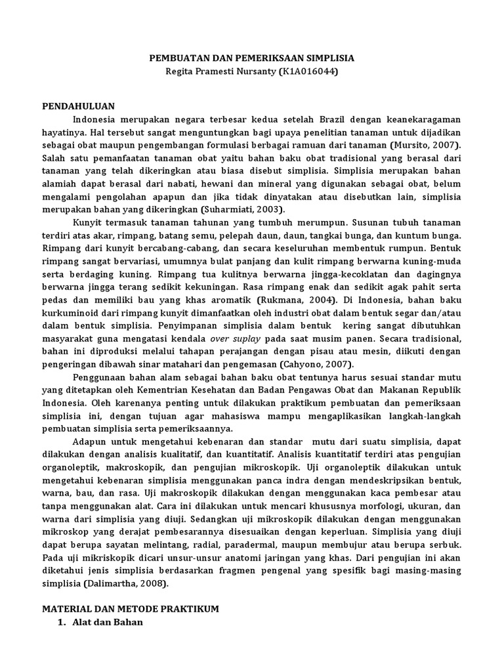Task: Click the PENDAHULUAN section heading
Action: click(x=79, y=106)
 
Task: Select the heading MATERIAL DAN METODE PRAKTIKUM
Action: click(x=131, y=609)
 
